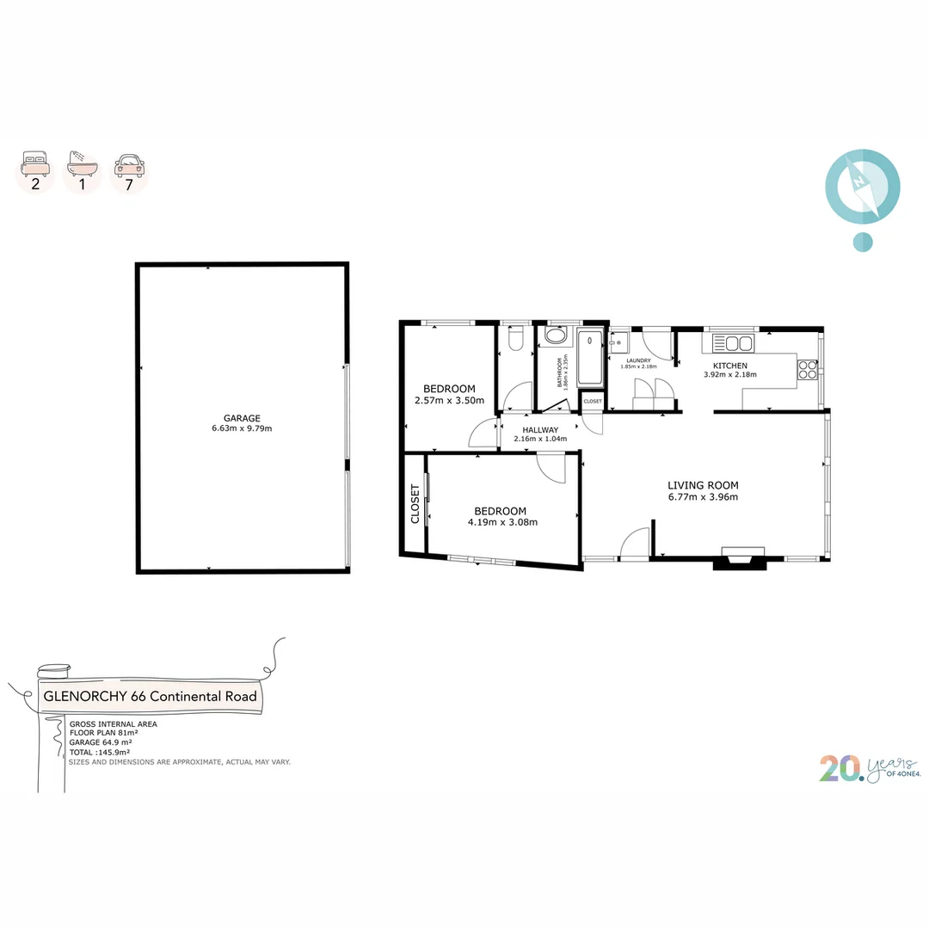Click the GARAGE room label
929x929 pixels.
point(242,418)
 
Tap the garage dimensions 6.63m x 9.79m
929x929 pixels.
point(242,428)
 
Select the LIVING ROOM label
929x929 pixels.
point(703,485)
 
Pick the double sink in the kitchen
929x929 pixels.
point(732,344)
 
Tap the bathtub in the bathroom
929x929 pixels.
point(590,358)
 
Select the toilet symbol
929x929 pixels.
point(514,341)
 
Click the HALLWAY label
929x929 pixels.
point(540,430)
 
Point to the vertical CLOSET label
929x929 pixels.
point(415,504)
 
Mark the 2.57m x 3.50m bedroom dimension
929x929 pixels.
point(449,400)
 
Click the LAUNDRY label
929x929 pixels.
point(638,360)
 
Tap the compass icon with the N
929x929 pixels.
point(862,186)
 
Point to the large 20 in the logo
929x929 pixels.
point(838,768)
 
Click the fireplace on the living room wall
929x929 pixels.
point(742,557)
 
